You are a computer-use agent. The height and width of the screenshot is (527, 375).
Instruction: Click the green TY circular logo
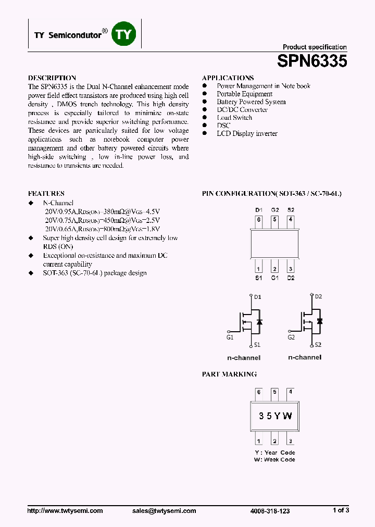[124, 34]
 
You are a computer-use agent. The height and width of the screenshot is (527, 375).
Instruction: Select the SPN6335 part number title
[312, 62]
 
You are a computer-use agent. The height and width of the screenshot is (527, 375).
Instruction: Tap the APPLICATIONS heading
[228, 78]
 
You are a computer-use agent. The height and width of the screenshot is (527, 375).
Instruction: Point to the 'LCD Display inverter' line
[247, 134]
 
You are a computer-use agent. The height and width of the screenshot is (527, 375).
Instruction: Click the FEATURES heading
[46, 193]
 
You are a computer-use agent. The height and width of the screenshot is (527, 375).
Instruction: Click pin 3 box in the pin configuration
[290, 269]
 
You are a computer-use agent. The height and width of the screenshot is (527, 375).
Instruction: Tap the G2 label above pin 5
[274, 210]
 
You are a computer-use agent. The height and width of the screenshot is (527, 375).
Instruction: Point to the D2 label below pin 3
[290, 278]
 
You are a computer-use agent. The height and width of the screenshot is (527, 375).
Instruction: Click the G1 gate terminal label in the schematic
[230, 337]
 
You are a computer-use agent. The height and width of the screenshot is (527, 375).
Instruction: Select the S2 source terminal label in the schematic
[318, 345]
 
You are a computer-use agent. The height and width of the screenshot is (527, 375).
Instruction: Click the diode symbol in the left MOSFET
[259, 321]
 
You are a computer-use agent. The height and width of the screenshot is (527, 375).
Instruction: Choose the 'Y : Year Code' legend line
[274, 453]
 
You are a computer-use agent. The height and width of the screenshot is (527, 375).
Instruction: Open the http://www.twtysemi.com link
[65, 511]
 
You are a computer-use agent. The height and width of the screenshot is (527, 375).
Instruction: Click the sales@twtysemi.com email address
[164, 511]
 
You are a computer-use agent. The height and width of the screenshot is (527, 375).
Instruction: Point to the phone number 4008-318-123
[269, 511]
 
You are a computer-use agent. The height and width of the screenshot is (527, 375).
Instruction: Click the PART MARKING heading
[229, 374]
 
